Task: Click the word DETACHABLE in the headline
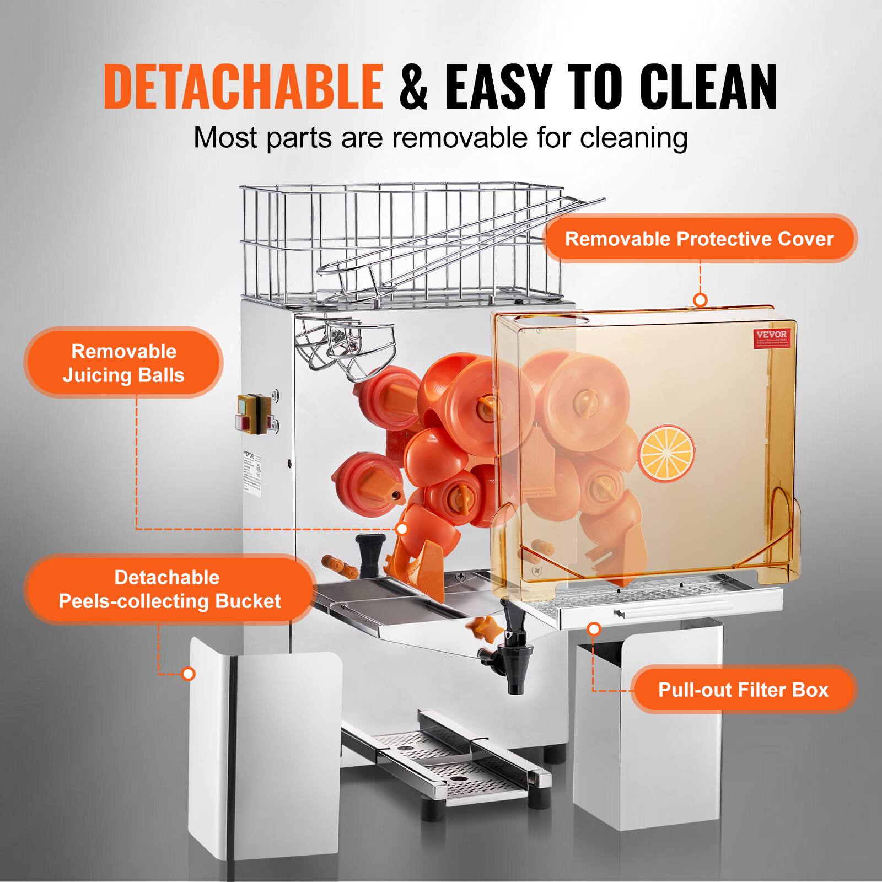pos(243,87)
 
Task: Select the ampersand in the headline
pos(413,87)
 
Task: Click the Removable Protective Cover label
pos(699,239)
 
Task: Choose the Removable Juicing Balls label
pos(123,363)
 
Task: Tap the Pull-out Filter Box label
pos(743,690)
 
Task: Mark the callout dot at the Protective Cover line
pos(700,300)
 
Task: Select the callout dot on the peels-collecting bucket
pos(189,674)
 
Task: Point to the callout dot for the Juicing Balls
pos(402,529)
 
